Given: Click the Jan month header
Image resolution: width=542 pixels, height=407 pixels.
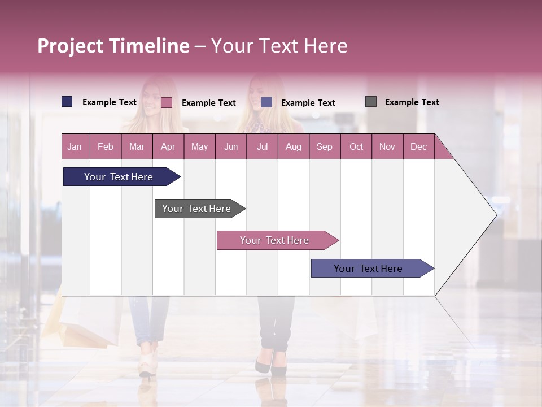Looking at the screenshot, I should click(75, 146).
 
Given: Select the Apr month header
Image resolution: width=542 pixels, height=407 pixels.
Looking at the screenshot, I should click(168, 146).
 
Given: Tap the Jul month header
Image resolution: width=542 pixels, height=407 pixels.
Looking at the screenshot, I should click(262, 146).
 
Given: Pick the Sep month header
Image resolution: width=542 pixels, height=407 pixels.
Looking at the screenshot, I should click(324, 146).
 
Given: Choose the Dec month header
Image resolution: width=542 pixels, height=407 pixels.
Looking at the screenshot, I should click(418, 146).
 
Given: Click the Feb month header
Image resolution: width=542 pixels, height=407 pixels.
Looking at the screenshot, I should click(106, 146).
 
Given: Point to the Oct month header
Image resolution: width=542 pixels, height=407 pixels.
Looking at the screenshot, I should click(356, 146).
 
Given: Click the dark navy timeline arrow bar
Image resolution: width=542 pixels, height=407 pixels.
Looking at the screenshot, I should click(119, 177).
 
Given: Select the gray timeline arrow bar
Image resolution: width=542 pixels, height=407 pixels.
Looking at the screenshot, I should click(196, 209).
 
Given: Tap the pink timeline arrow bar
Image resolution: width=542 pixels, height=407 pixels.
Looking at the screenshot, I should click(274, 240).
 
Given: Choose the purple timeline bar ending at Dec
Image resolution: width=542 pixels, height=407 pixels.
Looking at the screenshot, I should click(368, 269).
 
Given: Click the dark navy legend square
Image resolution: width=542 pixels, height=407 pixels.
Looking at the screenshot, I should click(67, 102).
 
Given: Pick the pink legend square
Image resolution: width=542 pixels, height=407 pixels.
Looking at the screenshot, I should click(167, 102).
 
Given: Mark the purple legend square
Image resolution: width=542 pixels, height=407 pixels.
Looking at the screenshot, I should click(266, 102).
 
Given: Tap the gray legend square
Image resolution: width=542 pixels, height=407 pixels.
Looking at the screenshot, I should click(371, 102).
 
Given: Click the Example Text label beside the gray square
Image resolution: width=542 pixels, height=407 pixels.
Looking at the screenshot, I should click(412, 102).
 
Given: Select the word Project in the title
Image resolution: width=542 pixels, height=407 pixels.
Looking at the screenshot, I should click(71, 46).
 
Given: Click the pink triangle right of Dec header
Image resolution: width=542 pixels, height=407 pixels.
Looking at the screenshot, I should click(442, 150).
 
